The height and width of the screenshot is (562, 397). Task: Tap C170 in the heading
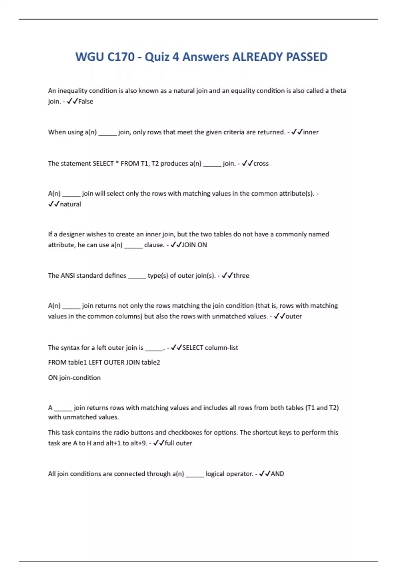(x=121, y=57)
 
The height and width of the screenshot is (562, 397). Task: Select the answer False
(x=85, y=101)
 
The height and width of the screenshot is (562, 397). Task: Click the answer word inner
(x=311, y=132)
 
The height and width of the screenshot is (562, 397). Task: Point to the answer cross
(x=261, y=164)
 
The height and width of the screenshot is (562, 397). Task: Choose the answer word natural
(x=70, y=204)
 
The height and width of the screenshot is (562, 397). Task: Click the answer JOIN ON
(x=195, y=245)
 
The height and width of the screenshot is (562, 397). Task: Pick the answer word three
(x=241, y=276)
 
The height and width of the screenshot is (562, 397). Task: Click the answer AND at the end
(x=277, y=474)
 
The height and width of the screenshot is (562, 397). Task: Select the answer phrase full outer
(x=178, y=443)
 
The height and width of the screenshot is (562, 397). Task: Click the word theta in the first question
(x=338, y=91)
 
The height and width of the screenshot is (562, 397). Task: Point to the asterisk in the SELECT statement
(x=117, y=163)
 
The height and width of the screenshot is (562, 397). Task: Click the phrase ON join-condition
(x=74, y=378)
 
